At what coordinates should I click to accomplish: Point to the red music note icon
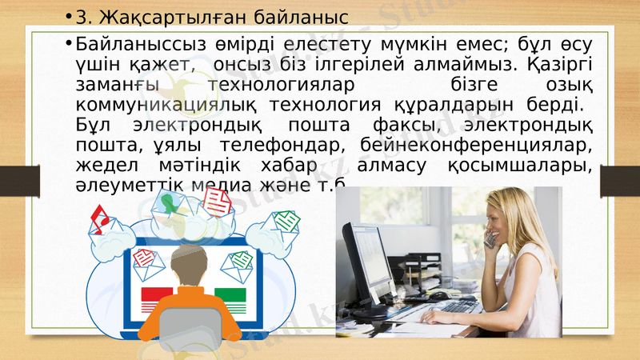[x=100, y=216]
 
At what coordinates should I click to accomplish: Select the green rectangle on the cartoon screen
[x=230, y=297]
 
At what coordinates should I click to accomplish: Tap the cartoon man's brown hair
[x=192, y=269]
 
